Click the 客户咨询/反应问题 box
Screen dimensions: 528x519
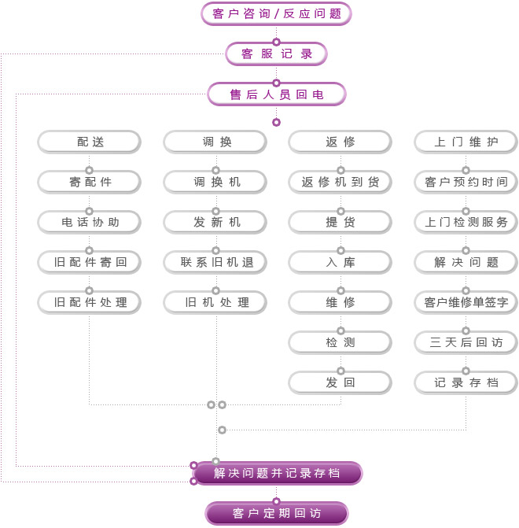click(276, 13)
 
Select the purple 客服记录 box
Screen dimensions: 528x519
click(276, 54)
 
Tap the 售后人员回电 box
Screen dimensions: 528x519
click(276, 94)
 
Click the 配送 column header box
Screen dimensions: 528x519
click(90, 142)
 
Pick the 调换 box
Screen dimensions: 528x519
click(215, 142)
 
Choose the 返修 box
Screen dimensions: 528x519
click(340, 142)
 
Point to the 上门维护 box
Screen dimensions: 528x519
click(466, 142)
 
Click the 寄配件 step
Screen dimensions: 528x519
click(90, 182)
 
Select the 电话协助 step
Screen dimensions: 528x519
click(90, 222)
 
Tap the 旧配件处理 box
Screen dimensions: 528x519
click(90, 301)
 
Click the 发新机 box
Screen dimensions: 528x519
click(215, 222)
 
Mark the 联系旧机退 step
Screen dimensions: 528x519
click(215, 262)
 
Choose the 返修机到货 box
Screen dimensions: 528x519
click(340, 182)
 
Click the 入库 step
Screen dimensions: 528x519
click(340, 262)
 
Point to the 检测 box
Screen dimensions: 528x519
click(340, 342)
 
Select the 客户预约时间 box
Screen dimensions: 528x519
click(466, 182)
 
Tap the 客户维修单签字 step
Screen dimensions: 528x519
click(466, 301)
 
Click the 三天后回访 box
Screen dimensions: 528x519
click(466, 342)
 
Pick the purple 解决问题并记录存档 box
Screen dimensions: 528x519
click(277, 473)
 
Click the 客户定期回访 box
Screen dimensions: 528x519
click(277, 514)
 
